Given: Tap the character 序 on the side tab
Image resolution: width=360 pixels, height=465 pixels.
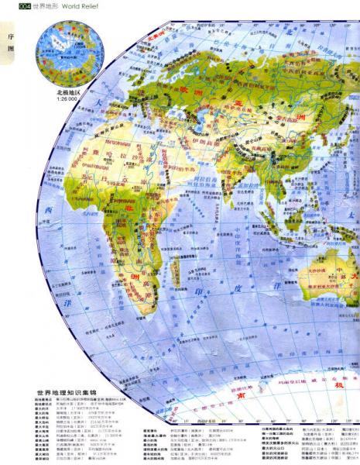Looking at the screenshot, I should coord(10,36).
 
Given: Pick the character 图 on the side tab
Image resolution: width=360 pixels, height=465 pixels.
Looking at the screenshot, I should coord(10,48).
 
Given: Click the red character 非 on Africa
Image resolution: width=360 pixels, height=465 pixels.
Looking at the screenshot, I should coord(129,208).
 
